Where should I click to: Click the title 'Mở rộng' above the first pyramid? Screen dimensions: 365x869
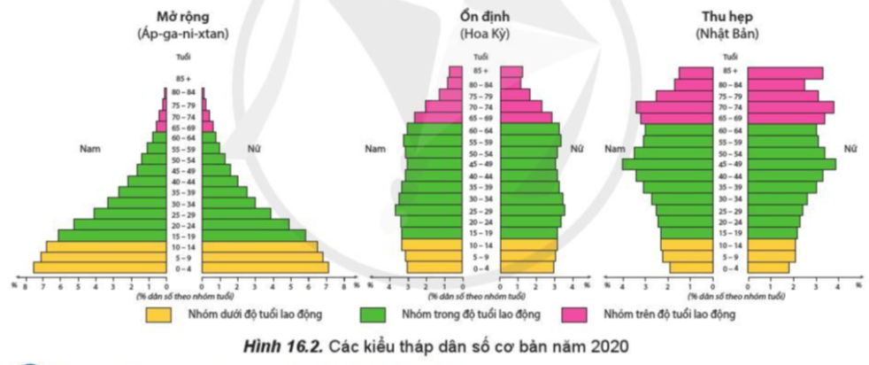pos(185,17)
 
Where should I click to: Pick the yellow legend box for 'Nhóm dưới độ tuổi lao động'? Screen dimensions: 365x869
pos(158,313)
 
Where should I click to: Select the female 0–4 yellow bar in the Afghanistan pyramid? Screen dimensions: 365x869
pos(265,268)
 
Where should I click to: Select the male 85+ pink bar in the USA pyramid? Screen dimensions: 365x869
pos(457,73)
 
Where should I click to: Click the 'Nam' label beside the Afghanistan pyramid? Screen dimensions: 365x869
pos(87,148)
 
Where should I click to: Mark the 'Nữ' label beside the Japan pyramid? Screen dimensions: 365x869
pos(851,148)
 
